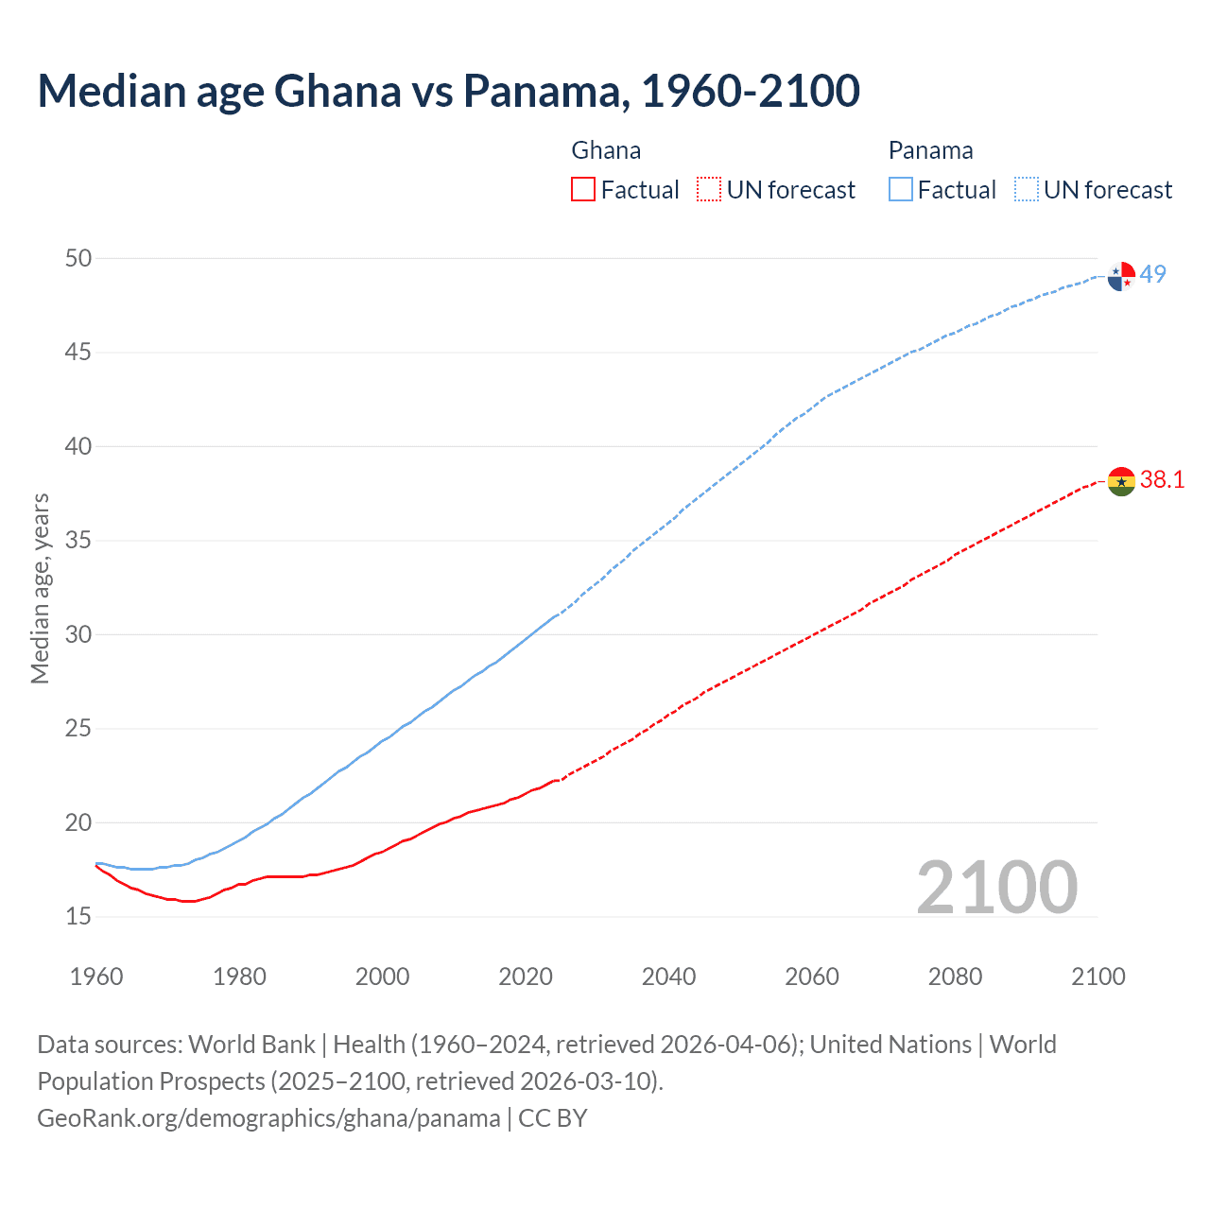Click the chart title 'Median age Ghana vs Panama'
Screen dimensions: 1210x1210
(448, 91)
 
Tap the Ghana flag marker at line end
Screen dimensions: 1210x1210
(1121, 480)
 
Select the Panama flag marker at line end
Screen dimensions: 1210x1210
(1121, 276)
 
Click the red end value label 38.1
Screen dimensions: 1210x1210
(1162, 480)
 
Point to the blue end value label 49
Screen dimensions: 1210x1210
(1153, 274)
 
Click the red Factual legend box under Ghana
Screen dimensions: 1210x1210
(583, 190)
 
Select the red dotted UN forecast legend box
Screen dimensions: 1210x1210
(709, 190)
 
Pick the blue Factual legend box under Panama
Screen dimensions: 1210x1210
(901, 190)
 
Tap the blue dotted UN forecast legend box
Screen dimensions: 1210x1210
(1027, 190)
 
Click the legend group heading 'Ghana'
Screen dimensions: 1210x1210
(606, 150)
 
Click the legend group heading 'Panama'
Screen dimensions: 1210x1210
(930, 150)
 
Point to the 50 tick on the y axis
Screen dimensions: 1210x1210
(78, 258)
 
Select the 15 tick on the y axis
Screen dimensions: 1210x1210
(78, 916)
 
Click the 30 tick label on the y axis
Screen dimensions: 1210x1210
(78, 634)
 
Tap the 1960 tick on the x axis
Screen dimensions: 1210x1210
(96, 977)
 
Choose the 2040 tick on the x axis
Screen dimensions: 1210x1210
(669, 977)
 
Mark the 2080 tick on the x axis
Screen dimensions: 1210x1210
(955, 977)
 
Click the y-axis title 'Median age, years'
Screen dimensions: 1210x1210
(40, 588)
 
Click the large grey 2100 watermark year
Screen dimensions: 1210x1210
(997, 887)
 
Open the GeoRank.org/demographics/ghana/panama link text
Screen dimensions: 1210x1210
(268, 1118)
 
